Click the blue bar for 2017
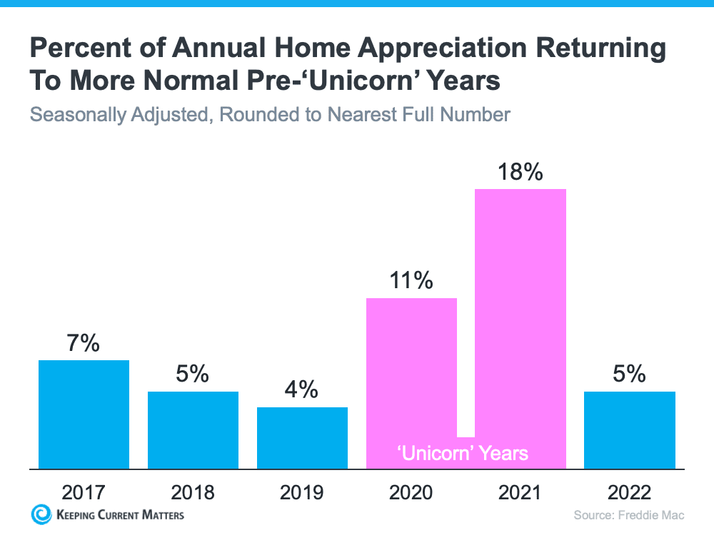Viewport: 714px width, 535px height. (x=84, y=414)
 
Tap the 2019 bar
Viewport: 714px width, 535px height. (x=302, y=437)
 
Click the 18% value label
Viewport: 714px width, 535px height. (x=521, y=172)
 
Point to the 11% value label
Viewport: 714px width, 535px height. (x=411, y=280)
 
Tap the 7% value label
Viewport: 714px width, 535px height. (x=84, y=343)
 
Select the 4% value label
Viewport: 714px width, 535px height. (x=302, y=389)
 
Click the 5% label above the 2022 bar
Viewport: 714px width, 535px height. (x=630, y=374)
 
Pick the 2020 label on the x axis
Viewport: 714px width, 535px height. (x=411, y=492)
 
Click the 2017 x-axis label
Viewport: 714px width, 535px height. (x=84, y=492)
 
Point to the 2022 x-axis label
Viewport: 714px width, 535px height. (x=630, y=492)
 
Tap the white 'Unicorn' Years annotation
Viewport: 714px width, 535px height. (x=463, y=453)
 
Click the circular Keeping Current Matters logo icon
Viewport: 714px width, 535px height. (x=41, y=514)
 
